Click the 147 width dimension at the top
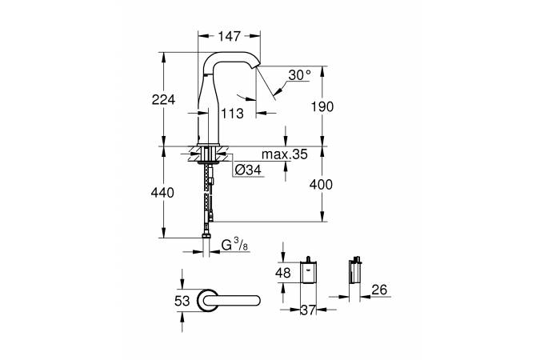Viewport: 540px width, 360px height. coord(230,36)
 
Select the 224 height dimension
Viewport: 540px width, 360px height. coord(163,99)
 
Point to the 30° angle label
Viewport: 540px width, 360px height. coord(300,74)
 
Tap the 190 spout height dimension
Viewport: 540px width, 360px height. coord(322,106)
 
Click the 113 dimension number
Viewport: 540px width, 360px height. coord(232,114)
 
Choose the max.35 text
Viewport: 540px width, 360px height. coord(285,154)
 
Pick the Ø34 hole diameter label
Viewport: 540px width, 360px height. coord(248,170)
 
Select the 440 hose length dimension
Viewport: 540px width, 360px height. coord(162,193)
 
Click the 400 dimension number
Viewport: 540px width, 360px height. coord(321,185)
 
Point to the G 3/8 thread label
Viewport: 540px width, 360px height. coord(235,245)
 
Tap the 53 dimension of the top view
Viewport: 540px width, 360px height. coord(182,301)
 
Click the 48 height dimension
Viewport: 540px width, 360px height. coord(282,273)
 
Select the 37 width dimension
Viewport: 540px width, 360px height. coord(308,310)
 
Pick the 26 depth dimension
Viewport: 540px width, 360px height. coord(380,290)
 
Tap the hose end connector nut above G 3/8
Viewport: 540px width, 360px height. coord(206,236)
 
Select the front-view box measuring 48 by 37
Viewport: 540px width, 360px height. coord(308,271)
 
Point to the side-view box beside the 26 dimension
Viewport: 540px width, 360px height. coord(354,271)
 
